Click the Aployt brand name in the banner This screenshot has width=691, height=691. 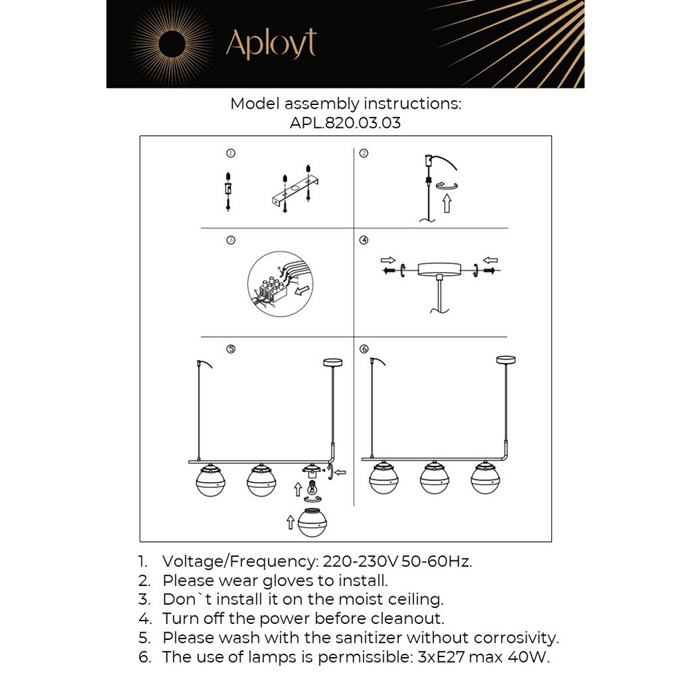point(271,44)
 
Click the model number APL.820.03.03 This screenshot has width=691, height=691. point(345,124)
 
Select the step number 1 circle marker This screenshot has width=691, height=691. point(231,153)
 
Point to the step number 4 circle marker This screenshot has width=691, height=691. point(364,240)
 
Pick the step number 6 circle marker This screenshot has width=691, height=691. point(364,349)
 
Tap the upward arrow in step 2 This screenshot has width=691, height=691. point(446,203)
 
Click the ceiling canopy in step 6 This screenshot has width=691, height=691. point(506,359)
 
